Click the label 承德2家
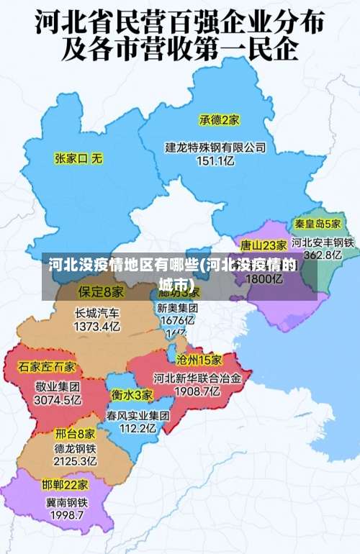coord(220,119)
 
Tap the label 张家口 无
coord(79,157)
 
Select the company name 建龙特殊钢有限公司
coord(216,147)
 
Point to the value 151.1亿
coord(216,161)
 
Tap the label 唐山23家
coord(264,245)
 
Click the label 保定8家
coord(101,292)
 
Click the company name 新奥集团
coord(178,307)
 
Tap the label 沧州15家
coord(199,359)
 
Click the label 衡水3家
coord(132,394)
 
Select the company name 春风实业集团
coord(138,415)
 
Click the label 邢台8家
coord(75,434)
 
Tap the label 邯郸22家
coord(65,484)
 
